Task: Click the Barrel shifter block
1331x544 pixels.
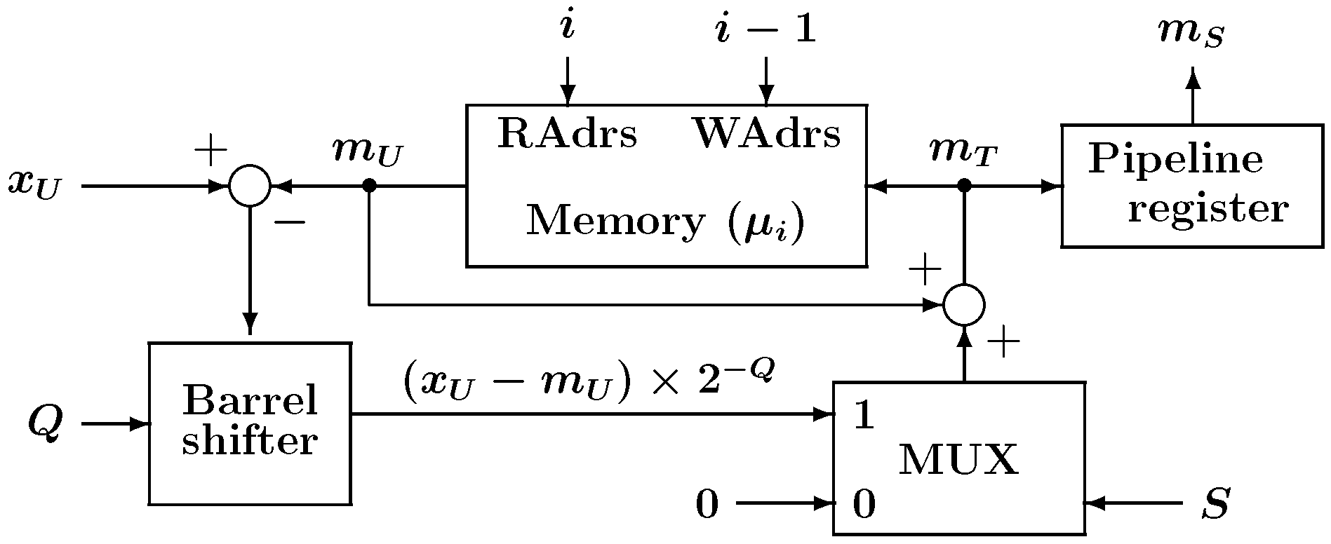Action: (249, 423)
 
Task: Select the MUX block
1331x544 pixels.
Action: (958, 459)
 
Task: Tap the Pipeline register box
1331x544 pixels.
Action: (1191, 186)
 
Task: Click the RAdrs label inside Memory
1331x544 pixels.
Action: (567, 134)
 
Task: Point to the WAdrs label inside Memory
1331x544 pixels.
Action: (767, 133)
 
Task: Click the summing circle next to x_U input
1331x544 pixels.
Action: (250, 186)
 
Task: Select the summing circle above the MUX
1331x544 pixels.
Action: (964, 305)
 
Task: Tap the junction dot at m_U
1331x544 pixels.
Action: (370, 186)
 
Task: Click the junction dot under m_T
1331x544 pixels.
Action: (964, 185)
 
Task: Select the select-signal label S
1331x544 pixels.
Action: (1215, 503)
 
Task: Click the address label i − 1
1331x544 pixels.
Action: (765, 31)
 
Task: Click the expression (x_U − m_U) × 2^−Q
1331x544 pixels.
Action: (588, 381)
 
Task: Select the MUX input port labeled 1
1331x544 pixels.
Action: (864, 417)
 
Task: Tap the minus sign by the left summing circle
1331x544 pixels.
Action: (289, 223)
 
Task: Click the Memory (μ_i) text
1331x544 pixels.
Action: (664, 222)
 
